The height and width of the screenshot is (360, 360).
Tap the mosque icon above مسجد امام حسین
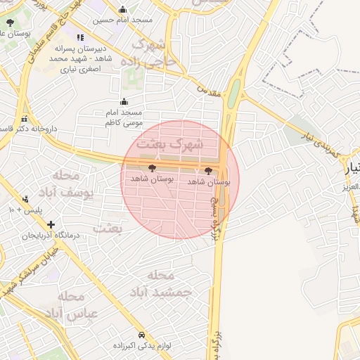tap(123, 9)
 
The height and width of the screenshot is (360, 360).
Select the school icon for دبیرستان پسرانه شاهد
tap(80, 37)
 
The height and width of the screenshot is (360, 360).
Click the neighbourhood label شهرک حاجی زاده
tap(153, 53)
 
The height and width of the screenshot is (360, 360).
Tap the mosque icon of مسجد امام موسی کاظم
tap(124, 101)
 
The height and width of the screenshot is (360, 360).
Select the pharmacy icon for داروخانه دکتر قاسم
tap(25, 119)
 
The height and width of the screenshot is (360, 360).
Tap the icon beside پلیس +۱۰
tap(26, 199)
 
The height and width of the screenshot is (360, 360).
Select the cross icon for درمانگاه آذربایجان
tap(51, 224)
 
